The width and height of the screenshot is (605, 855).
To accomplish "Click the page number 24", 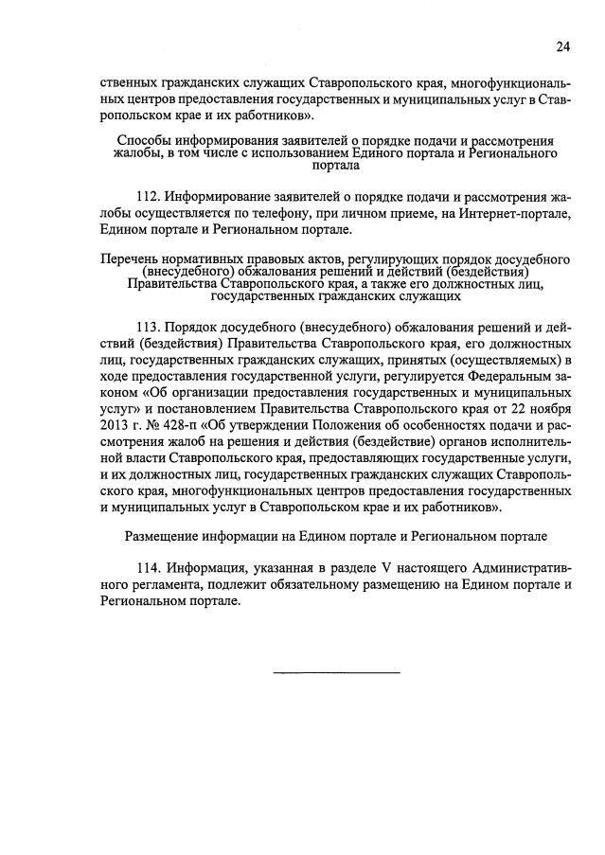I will [563, 45].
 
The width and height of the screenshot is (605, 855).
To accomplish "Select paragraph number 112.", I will [150, 197].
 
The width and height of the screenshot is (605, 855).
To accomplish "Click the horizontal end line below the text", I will [337, 672].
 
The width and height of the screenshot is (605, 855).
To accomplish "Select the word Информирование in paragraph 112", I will [222, 197].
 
